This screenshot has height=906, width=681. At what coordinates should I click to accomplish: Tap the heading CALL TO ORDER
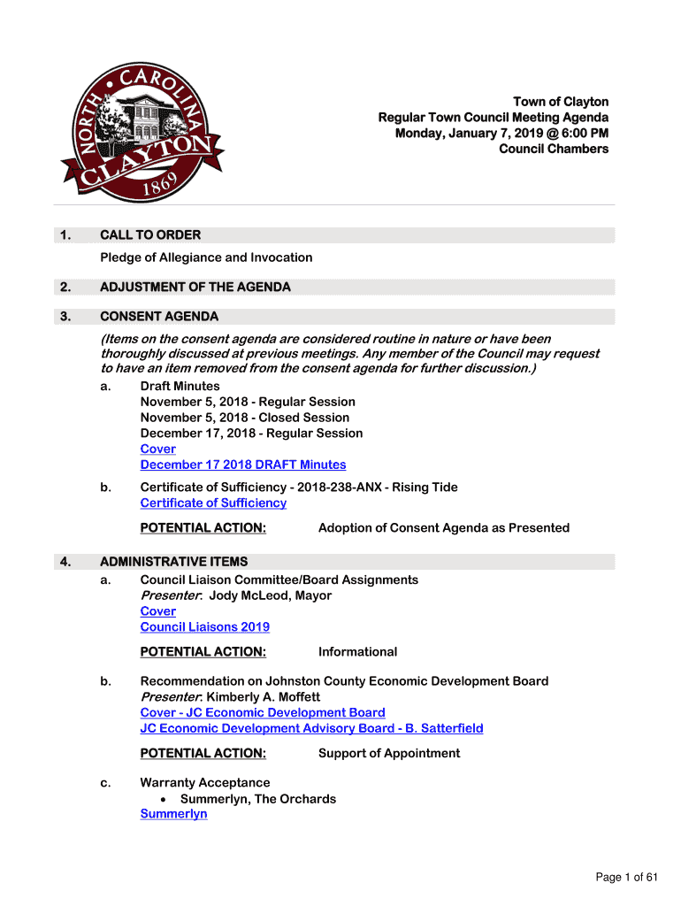coord(150,235)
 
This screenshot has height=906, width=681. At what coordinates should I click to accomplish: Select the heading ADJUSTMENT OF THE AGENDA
coord(195,288)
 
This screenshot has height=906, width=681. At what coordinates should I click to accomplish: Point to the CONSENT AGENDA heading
coord(159,317)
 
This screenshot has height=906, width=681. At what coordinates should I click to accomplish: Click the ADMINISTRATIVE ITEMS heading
coord(173,562)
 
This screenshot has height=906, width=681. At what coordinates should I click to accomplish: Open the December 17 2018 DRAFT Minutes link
coord(243,465)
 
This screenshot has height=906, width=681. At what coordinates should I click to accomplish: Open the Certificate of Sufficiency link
coord(213,503)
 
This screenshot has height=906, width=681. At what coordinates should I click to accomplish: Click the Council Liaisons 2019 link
coord(205,627)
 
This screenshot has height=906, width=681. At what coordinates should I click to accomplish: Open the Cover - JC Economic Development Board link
coord(263,712)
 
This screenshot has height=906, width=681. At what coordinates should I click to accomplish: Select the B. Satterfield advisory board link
coord(311,728)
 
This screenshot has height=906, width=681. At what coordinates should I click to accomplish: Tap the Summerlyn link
coord(173,814)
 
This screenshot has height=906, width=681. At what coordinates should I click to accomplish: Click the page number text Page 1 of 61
coord(627,878)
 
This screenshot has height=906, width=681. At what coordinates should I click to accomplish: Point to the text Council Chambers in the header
coord(554,149)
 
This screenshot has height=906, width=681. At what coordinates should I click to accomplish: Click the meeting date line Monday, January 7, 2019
coord(501,133)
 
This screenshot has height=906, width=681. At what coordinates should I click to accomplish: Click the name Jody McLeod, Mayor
coord(270,595)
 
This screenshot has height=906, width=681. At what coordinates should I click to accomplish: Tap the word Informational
coord(357,652)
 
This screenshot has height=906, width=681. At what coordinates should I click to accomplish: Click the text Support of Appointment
coord(389,754)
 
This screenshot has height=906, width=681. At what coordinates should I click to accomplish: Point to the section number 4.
coord(65,562)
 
